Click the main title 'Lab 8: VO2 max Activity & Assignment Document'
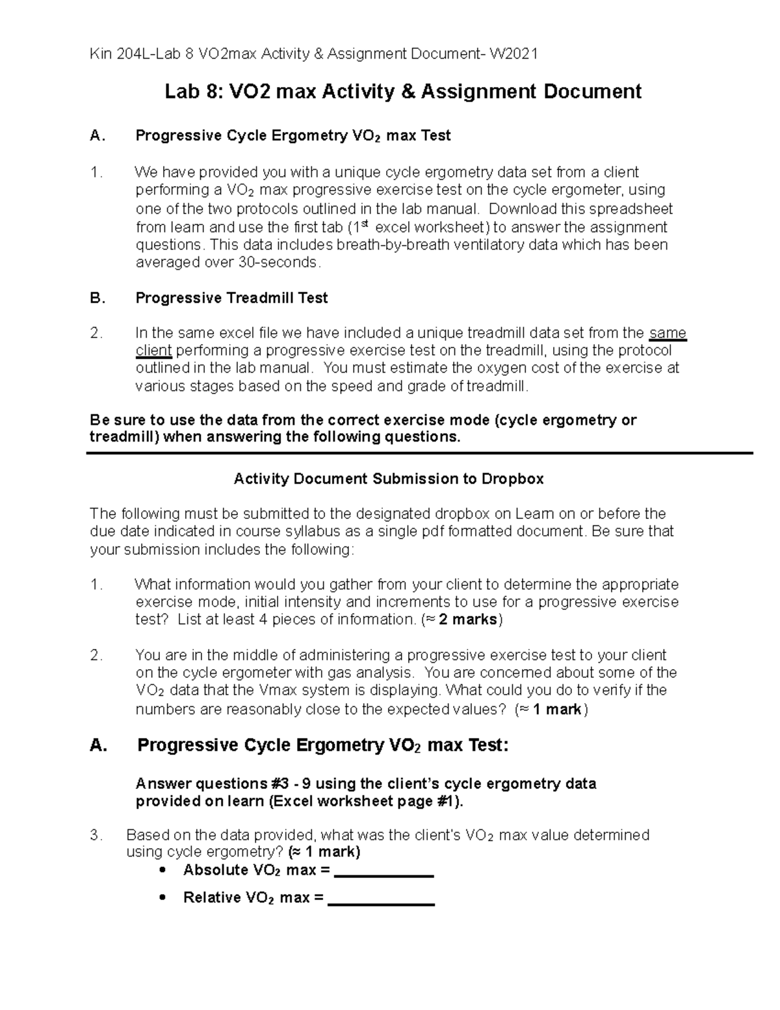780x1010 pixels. [x=403, y=92]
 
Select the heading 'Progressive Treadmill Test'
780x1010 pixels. [x=231, y=298]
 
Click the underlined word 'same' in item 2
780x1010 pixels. [x=668, y=333]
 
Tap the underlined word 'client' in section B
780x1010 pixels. [x=153, y=351]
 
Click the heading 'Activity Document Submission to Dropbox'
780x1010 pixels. [x=388, y=479]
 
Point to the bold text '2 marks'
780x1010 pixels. [x=468, y=619]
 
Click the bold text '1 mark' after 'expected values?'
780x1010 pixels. [x=556, y=709]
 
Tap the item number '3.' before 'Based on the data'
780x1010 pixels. [x=97, y=835]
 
